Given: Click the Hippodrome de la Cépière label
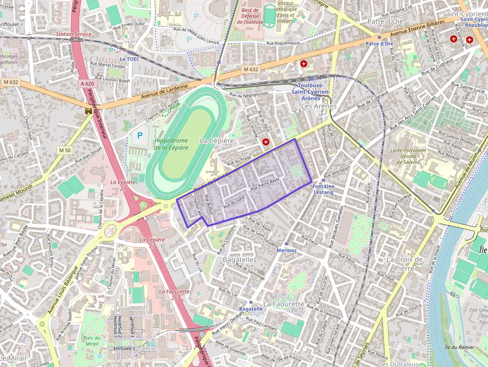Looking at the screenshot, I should (171, 144).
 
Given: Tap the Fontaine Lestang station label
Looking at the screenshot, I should (323, 189).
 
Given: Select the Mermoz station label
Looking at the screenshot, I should (286, 250).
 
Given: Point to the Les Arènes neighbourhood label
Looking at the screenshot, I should (319, 106).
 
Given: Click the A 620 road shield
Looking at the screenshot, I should (87, 84).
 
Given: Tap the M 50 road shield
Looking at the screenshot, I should (65, 150).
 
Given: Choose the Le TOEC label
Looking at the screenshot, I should (129, 59).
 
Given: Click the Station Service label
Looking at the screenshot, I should (74, 34).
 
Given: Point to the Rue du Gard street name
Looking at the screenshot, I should (234, 202).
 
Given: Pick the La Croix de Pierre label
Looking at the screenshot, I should (404, 263).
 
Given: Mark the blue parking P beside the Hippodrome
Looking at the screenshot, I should (139, 135).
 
